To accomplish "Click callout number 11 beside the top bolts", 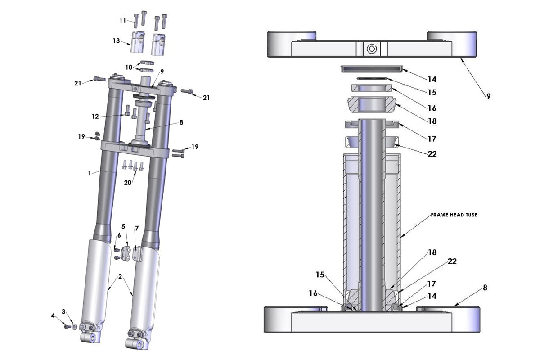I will [x=122, y=20].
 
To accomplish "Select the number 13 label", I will [x=116, y=41].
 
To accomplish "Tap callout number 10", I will [x=129, y=67].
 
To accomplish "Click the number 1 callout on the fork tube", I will [x=90, y=172].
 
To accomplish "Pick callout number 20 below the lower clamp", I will [x=127, y=183].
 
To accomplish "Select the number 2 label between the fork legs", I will [x=120, y=276].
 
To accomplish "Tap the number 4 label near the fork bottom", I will [x=53, y=316].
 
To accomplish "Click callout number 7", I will [x=137, y=228].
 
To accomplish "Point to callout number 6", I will [x=119, y=235].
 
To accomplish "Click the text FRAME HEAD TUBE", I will [x=454, y=215].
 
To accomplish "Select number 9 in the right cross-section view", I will [x=488, y=96].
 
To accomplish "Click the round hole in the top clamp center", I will [x=371, y=49].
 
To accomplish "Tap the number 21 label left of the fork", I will [x=78, y=83].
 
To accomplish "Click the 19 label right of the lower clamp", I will [x=194, y=147].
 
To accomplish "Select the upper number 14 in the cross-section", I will [x=432, y=80].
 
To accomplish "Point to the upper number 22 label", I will [x=432, y=154].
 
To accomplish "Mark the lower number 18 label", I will [x=432, y=253].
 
